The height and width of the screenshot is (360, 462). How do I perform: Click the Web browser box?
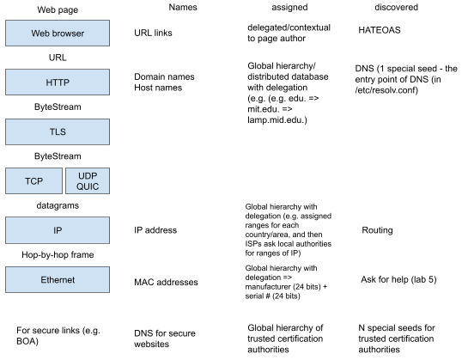pos(58,33)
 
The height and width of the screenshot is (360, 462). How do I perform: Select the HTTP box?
pos(58,82)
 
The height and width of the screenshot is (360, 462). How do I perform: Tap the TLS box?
pos(58,131)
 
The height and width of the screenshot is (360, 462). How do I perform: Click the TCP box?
pos(33,181)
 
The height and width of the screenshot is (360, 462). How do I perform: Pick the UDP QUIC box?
pos(88,181)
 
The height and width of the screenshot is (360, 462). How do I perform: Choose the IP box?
pos(58,230)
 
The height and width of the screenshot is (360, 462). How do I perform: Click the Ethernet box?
pos(58,279)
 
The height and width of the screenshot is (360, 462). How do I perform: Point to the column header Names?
pos(183,7)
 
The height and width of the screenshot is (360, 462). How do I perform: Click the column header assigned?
pos(289,8)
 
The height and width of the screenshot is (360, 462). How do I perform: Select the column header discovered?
pos(396,7)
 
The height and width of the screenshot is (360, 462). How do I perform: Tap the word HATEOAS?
pos(380,30)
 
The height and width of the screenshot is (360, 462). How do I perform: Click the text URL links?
pos(153,33)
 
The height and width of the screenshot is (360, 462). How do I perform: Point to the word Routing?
pos(377,230)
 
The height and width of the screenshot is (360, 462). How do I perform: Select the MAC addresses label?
pos(166,282)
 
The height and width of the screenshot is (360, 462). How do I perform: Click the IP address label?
pos(155,230)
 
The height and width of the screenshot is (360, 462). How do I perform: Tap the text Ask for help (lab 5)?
pos(398,279)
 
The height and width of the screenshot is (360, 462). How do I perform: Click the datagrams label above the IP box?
pos(58,205)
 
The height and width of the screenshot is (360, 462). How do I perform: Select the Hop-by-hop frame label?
pos(58,254)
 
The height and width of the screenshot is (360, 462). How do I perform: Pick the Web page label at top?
pos(58,9)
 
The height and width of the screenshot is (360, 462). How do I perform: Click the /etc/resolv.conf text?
pos(386,90)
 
